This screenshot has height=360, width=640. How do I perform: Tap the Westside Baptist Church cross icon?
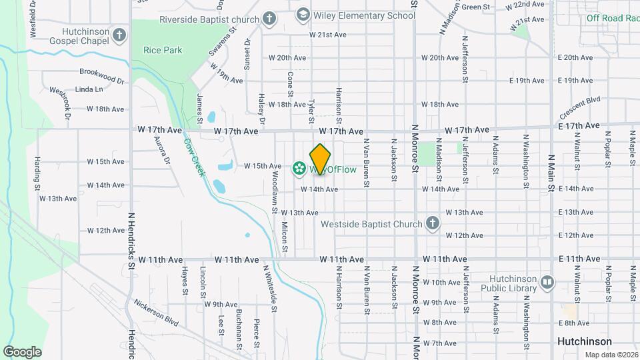(x=432, y=223)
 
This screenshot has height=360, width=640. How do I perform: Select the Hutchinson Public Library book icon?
(x=547, y=283)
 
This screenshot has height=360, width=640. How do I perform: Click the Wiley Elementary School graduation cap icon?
(x=303, y=15)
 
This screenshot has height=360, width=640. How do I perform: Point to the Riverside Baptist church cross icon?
(x=269, y=18)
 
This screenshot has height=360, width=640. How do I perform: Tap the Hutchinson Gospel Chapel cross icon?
(x=119, y=35)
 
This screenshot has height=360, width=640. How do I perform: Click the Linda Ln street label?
(x=89, y=89)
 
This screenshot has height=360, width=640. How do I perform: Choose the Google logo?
(x=22, y=351)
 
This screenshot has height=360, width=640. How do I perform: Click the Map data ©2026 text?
(x=611, y=354)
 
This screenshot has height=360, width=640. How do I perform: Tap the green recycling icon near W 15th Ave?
(x=299, y=168)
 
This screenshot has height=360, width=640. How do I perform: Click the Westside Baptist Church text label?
(x=371, y=224)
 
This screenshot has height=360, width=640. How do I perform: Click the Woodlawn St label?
(x=274, y=193)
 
